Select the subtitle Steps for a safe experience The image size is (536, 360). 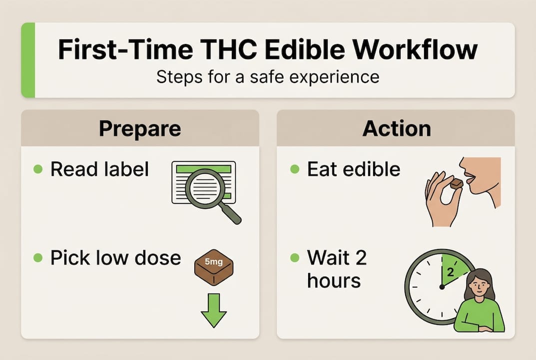[267, 77]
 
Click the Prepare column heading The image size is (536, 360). [140, 128]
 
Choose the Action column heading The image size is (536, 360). [396, 128]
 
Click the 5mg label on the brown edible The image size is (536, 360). [213, 260]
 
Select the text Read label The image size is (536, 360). [99, 169]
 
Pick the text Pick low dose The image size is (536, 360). [115, 258]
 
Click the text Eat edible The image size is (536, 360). [354, 169]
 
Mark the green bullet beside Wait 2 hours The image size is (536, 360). [295, 258]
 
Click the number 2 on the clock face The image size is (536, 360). [449, 273]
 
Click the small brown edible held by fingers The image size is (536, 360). [456, 184]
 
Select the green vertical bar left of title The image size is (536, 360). [28, 60]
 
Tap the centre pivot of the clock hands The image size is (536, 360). [442, 286]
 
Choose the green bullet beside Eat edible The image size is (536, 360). [295, 169]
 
